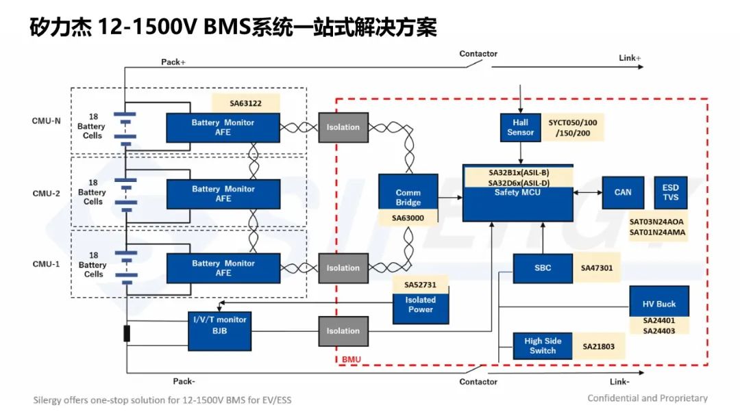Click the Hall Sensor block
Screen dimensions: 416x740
tap(521, 127)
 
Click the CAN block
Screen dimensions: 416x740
tap(623, 192)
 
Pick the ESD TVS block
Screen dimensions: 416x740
tap(670, 192)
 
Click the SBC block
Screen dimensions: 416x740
tap(543, 268)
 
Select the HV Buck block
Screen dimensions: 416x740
tap(659, 304)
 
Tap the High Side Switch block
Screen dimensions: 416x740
tap(543, 346)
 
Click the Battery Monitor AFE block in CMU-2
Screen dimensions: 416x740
tap(223, 194)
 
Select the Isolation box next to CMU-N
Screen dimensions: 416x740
tap(343, 127)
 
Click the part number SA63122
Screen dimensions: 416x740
tap(245, 103)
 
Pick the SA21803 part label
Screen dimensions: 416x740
tap(598, 347)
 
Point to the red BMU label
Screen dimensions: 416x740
tap(351, 359)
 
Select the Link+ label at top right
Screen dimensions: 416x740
tap(630, 58)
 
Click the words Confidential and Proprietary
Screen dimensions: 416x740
tap(647, 398)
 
